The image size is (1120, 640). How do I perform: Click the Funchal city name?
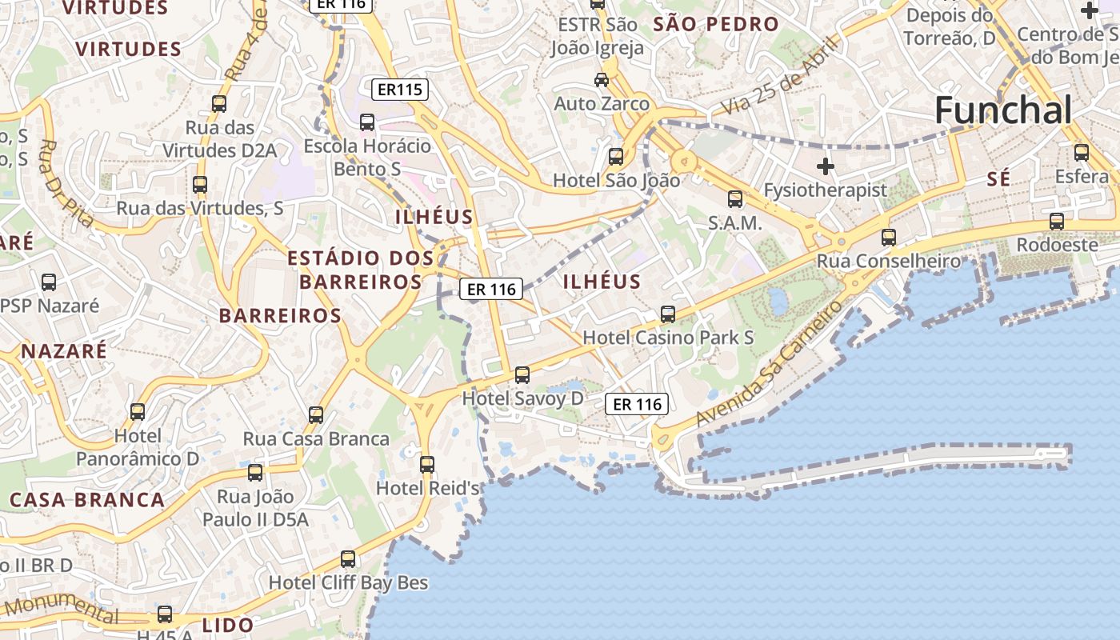[x=1003, y=110]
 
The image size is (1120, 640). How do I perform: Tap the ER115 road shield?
[x=400, y=89]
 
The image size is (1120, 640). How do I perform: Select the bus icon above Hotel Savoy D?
[x=522, y=374]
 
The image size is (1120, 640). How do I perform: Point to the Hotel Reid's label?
[x=427, y=488]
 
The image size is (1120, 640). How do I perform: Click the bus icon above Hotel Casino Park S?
[x=668, y=314]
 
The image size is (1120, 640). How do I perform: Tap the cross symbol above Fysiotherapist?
[x=826, y=166]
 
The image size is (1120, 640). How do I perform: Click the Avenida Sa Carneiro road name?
[x=769, y=364]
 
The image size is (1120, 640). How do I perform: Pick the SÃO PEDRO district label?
[x=716, y=24]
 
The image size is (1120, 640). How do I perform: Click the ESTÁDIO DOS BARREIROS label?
[x=360, y=270]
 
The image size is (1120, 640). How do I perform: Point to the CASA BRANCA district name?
[x=87, y=500]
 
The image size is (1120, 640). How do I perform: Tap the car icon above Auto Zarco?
[x=602, y=80]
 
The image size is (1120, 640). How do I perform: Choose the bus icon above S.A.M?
[x=735, y=199]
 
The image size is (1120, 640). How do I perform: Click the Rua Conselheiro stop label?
[x=888, y=262]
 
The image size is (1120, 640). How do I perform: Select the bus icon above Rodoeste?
[x=1057, y=222]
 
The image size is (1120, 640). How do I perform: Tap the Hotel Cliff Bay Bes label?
[x=348, y=582]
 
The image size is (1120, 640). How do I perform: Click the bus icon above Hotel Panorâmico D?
[x=138, y=412]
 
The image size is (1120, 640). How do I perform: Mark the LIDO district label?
[x=228, y=625]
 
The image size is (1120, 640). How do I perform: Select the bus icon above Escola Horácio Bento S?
[x=367, y=122]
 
